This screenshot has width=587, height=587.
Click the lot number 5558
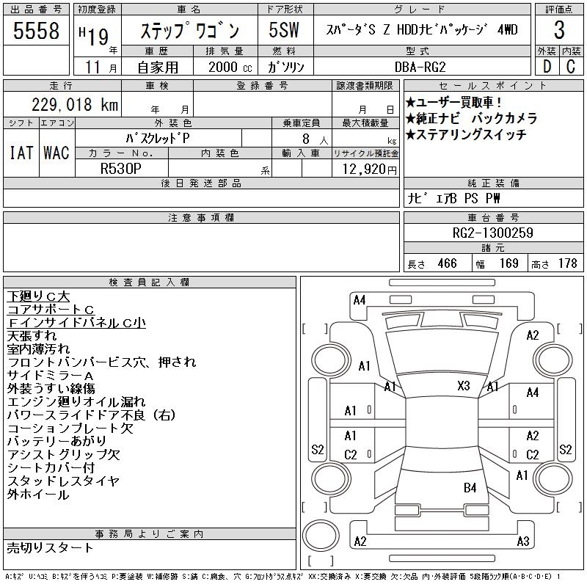(36, 30)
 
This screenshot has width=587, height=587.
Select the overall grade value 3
(559, 30)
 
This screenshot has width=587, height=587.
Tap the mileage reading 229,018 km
(75, 105)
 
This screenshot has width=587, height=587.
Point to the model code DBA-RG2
(420, 67)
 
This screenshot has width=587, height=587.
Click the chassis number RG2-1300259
(492, 233)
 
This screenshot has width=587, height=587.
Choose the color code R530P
(121, 169)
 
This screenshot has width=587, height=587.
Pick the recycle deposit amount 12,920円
(369, 169)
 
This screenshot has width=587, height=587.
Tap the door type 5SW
(284, 30)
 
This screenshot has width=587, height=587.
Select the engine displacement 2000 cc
(230, 67)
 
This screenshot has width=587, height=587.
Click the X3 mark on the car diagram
(464, 386)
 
